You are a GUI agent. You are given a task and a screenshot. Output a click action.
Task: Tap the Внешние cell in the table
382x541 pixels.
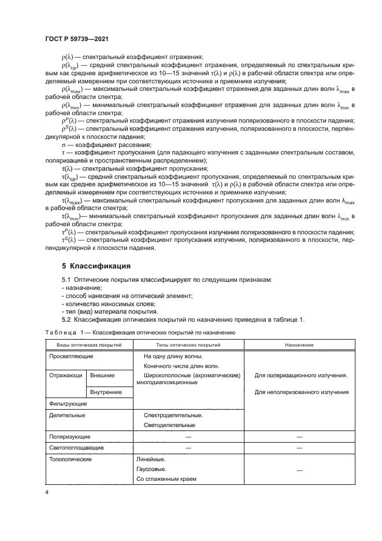pyautogui.click(x=102, y=375)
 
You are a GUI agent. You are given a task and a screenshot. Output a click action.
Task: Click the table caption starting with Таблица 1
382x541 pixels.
pyautogui.click(x=139, y=333)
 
